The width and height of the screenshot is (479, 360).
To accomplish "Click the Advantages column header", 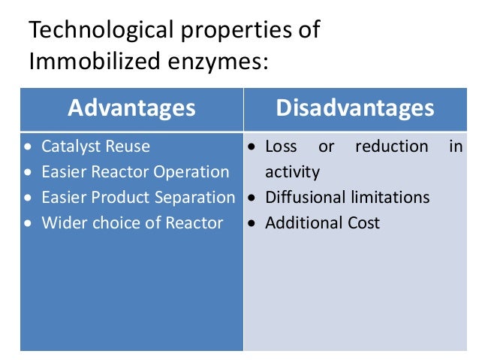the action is [131, 108].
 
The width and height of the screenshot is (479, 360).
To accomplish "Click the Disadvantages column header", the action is [355, 108].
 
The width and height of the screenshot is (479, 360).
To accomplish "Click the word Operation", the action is [191, 172].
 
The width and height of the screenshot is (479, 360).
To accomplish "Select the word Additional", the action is [302, 223].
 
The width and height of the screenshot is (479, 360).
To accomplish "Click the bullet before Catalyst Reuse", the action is [29, 147].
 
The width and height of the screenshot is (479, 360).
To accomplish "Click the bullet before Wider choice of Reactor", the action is [29, 224].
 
